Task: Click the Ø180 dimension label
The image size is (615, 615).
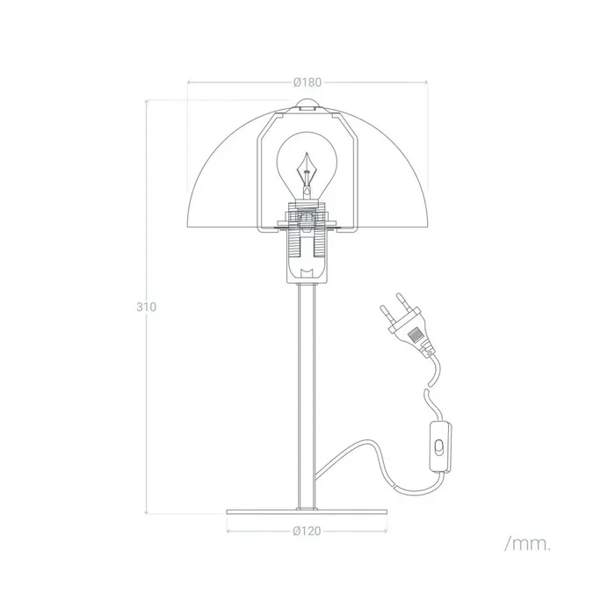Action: tap(307, 83)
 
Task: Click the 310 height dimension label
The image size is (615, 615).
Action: tap(146, 307)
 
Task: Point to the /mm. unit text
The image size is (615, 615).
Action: tap(527, 544)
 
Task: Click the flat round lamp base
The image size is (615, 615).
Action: tap(307, 512)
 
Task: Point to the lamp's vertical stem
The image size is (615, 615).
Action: tap(307, 395)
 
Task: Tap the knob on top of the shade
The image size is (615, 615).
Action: tap(307, 107)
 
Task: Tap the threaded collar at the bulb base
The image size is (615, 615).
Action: tap(307, 215)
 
